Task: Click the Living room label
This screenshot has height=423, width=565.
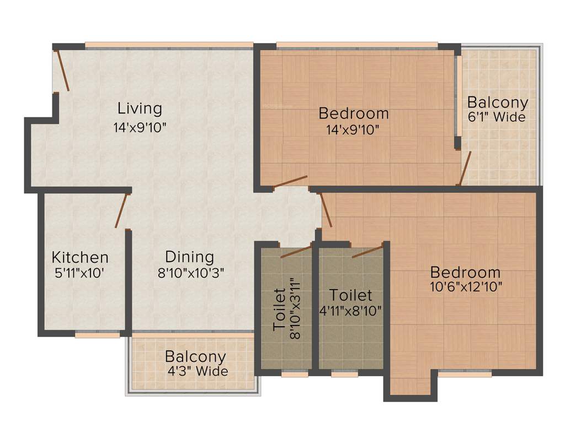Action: point(140,108)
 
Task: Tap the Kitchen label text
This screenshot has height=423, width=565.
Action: point(80,257)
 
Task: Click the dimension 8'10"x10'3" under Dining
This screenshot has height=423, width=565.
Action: point(188,272)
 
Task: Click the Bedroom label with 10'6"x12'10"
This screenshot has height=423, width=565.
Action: point(465,272)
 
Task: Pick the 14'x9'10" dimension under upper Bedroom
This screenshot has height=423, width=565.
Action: point(353,130)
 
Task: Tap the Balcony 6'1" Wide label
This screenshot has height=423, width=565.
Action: point(497,109)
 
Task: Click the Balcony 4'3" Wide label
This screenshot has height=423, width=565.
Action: point(196,364)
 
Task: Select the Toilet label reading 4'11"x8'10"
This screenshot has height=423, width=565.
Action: point(350,302)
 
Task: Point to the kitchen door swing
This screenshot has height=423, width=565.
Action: point(121,210)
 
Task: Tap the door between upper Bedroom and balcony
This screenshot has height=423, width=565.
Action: point(465,168)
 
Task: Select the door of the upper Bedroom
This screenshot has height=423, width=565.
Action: point(290,182)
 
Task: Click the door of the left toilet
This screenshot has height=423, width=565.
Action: point(296,252)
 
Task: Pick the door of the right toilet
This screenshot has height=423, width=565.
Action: point(367,251)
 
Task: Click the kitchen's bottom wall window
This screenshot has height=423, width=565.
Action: point(97,334)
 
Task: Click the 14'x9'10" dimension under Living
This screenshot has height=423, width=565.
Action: point(140,127)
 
